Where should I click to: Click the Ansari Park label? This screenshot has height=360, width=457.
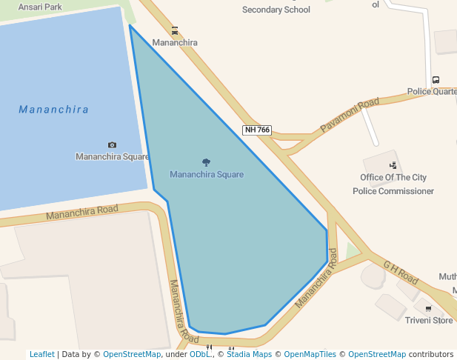coord(40,7)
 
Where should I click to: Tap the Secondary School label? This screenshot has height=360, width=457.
coord(276,10)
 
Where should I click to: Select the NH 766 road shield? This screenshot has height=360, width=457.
coord(257,130)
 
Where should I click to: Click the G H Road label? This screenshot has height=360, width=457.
coord(401,273)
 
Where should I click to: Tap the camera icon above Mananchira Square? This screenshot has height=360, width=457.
coord(112,145)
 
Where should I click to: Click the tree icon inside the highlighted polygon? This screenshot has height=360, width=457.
coord(206,162)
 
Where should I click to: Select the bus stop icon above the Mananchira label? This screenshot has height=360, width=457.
coord(175,31)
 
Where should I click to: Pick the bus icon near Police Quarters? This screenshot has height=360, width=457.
coord(436,80)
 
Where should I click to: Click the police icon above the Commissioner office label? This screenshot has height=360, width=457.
coord(393,166)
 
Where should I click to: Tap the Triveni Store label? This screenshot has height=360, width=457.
coord(429,320)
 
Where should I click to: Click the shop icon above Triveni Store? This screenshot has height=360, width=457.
coord(428,308)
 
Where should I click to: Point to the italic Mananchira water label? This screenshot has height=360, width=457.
coord(53,110)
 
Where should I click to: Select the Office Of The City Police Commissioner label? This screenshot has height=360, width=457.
coord(393,184)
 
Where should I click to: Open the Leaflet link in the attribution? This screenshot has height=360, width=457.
coord(41,354)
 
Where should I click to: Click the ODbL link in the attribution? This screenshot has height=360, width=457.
coord(200,354)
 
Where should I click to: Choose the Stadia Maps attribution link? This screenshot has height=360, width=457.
coord(249,354)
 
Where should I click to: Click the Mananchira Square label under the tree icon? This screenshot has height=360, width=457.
coord(207,175)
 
